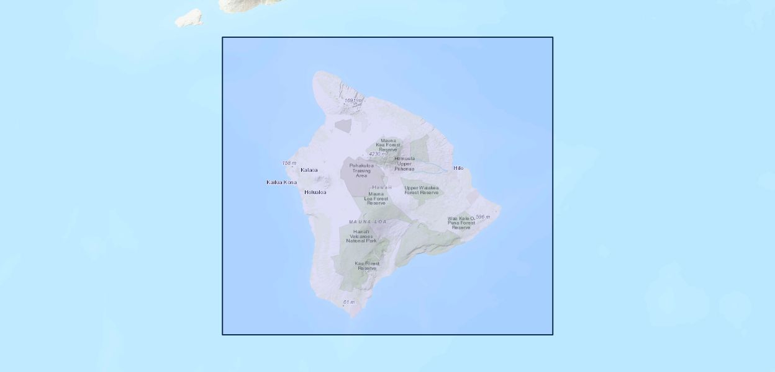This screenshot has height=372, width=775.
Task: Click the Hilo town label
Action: tap(458, 168)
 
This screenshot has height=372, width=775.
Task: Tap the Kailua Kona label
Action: tap(281, 182)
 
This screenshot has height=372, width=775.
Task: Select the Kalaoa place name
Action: tap(309, 170)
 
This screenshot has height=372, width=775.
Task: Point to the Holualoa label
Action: tap(315, 192)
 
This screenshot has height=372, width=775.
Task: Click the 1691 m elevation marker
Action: tap(353, 100)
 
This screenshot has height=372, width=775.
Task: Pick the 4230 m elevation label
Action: tap(377, 154)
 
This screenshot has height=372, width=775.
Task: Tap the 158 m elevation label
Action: tap(289, 163)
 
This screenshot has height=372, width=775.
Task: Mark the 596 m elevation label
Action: tap(483, 217)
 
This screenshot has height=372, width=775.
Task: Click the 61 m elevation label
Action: tap(348, 303)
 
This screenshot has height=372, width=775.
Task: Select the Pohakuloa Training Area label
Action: tap(361, 170)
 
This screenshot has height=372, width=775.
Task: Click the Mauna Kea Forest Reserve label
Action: tap(388, 145)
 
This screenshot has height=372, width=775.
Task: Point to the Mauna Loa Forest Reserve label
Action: tap(376, 198)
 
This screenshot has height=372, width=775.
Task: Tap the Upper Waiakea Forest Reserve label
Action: tap(421, 190)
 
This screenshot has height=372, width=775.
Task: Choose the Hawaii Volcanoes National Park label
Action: tap(361, 236)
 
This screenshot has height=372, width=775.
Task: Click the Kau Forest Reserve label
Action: tap(367, 265)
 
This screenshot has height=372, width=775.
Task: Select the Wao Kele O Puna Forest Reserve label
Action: tap(461, 223)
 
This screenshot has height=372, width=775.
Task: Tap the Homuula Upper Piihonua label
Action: tap(404, 164)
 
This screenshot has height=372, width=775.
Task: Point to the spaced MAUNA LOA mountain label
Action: tap(368, 221)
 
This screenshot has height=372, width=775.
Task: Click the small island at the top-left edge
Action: tap(189, 18)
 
